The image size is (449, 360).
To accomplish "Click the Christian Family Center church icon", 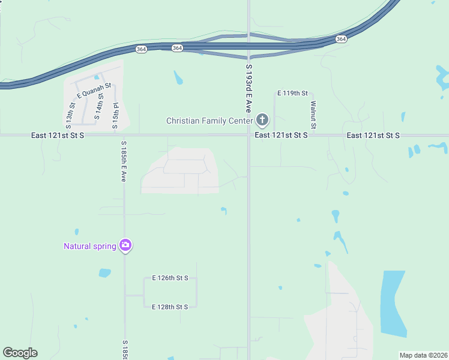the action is point(262,121).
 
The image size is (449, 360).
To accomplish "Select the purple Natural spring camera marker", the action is point(125,245).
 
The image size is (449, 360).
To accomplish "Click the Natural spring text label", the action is point(90,246).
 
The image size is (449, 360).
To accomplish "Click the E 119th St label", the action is point(292,94).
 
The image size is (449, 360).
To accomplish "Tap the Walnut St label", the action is point(313,114).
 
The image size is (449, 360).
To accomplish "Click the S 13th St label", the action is point(71,116).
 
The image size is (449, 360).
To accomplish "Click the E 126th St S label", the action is point(170,278).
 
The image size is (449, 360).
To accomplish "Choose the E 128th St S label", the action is point(170,307).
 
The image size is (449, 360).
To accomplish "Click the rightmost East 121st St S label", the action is point(373,136).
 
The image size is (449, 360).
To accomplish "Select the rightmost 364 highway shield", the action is point(341,38).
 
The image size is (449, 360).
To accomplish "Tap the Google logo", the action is point(20,353).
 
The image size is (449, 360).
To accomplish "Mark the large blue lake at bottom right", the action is point(393,303).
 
